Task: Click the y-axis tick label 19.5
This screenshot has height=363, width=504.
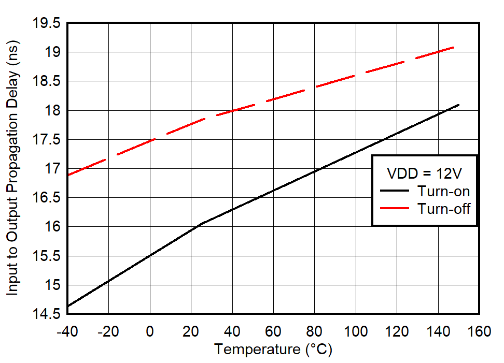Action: [x=46, y=23]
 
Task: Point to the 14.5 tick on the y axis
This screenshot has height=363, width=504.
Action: [x=46, y=314]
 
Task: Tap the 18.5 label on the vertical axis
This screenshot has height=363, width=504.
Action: [x=46, y=81]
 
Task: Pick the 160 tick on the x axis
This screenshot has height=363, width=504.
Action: [x=479, y=331]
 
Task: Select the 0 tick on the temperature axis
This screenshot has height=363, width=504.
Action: [x=150, y=331]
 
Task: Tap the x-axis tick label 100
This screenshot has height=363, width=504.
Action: [x=356, y=331]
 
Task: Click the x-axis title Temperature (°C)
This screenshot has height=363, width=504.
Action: [x=273, y=350]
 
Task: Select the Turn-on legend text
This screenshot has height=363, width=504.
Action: [x=443, y=191]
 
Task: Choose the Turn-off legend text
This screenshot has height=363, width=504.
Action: [x=443, y=209]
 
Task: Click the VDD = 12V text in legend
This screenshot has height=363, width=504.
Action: [x=424, y=172]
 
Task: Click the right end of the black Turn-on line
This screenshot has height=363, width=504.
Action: [x=458, y=105]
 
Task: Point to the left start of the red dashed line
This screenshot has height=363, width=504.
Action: [x=68, y=175]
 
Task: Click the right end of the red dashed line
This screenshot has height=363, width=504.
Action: [x=454, y=47]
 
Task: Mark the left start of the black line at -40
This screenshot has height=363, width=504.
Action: [x=68, y=306]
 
